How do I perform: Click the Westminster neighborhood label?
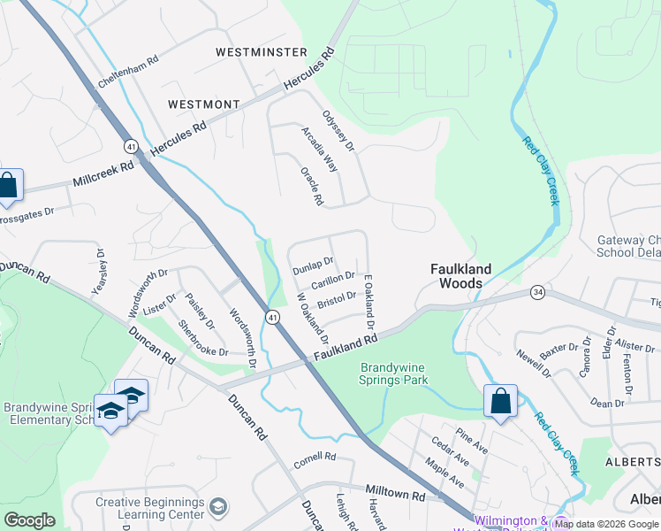[262, 53]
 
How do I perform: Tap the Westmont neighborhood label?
[203, 104]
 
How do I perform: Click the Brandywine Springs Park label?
[394, 373]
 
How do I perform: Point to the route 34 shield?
[536, 292]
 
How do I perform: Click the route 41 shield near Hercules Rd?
[131, 146]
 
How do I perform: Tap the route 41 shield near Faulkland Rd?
[273, 317]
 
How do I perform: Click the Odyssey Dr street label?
[338, 130]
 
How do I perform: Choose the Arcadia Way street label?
[319, 149]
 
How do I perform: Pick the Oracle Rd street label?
[312, 186]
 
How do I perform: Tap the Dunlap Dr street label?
[312, 263]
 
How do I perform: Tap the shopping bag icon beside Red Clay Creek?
[500, 401]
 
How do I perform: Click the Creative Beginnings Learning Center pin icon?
[219, 506]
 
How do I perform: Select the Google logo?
[30, 520]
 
